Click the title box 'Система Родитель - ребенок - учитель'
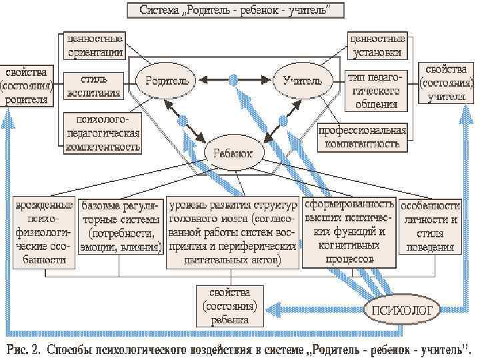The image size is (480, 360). [x=233, y=11]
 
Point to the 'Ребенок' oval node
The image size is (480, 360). [x=233, y=153]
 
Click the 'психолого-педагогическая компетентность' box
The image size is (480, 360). [x=103, y=133]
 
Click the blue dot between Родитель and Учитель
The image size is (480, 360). [x=233, y=80]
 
